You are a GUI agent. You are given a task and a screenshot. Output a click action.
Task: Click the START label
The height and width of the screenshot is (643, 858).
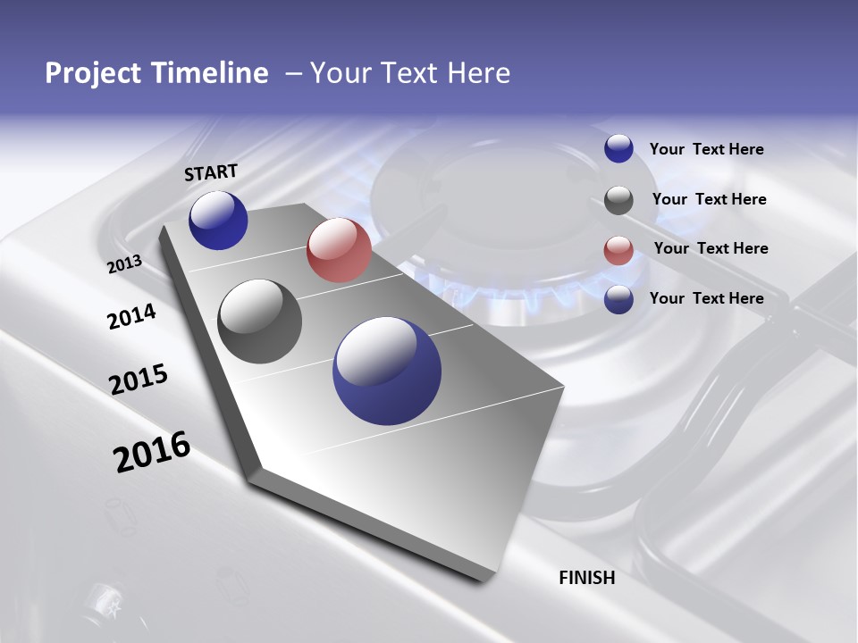coord(211,172)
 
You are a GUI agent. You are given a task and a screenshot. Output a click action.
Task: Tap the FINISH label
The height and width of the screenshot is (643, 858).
coord(587,578)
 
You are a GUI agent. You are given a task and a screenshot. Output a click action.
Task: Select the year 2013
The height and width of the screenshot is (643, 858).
coord(124,264)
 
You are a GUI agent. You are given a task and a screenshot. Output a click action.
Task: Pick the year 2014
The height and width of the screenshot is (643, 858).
coord(131,316)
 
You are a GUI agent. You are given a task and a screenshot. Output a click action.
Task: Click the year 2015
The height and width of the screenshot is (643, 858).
coord(139,380)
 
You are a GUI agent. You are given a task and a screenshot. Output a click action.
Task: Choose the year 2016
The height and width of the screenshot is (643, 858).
coord(152,451)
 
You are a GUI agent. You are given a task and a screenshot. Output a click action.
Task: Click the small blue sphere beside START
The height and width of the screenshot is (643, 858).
coord(218,221)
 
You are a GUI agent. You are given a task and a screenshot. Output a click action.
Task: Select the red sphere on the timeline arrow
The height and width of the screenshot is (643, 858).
coord(339,250)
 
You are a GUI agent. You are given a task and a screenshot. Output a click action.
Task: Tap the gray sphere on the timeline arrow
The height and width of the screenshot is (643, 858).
coord(260,321)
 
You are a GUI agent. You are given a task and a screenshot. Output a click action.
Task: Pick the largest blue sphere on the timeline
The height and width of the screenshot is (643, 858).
coord(387,371)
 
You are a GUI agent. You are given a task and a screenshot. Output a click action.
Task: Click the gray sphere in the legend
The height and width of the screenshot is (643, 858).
coord(618,200)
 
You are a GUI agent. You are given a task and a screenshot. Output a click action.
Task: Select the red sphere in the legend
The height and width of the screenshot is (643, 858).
coord(618,250)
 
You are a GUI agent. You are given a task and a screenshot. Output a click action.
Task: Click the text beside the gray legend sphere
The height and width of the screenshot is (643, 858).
coord(709,199)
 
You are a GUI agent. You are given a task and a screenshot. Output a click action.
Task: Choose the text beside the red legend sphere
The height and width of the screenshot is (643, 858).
coord(711,248)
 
